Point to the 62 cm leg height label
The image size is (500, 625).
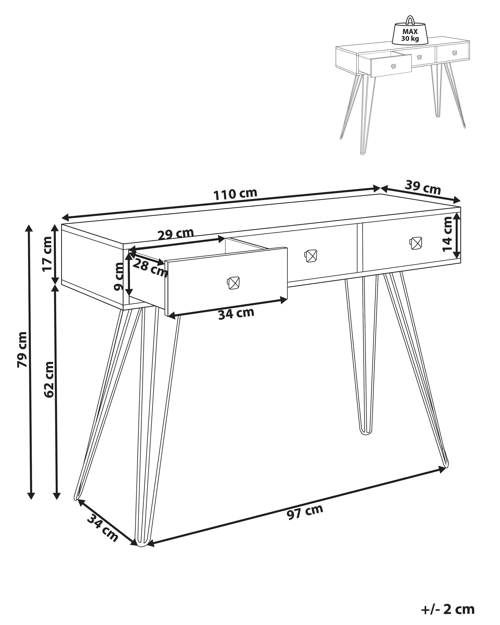point(49,379)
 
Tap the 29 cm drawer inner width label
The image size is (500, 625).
point(175,234)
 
